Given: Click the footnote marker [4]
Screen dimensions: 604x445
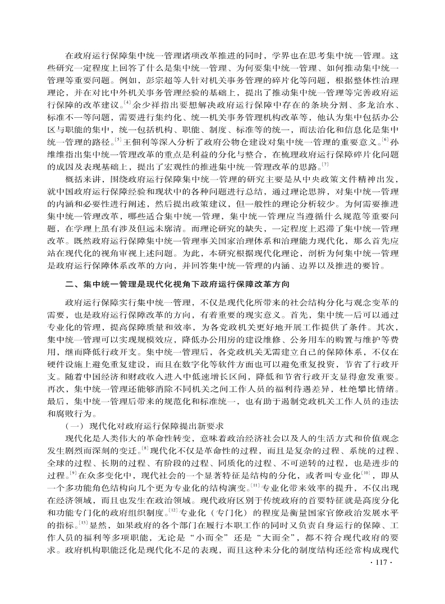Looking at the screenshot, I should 127,103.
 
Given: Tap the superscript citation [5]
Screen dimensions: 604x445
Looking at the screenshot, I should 116,139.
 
